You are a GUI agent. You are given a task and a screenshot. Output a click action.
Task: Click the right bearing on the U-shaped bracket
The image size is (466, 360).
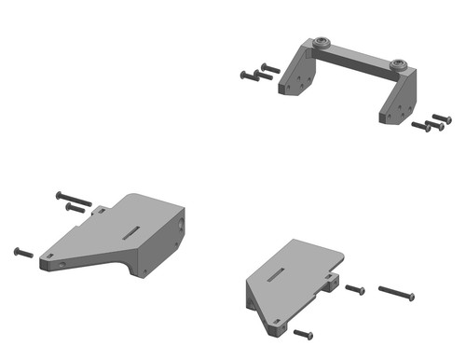point(399,64)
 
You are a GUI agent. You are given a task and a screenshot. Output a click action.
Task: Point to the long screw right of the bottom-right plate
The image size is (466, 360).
point(396,294)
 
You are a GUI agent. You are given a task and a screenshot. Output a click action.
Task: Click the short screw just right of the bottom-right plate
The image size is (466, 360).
point(354,290)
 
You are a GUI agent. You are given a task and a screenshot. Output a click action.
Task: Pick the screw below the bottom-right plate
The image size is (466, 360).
point(303,333)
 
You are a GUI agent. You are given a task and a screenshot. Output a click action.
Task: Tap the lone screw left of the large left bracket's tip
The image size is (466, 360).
point(23,252)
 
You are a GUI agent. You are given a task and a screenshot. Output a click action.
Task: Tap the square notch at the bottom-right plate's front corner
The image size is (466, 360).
point(277,325)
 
